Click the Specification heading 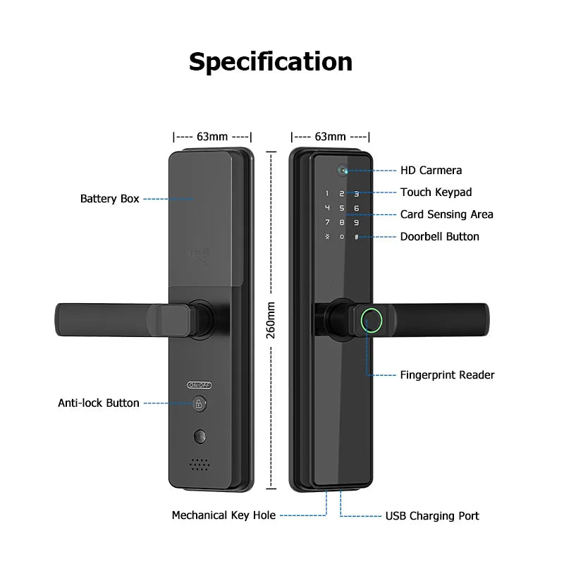coord(271,62)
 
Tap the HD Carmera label coord(431,170)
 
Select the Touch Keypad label coord(436,192)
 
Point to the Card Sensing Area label coord(446,214)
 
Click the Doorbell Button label coord(439,237)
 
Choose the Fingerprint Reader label coord(447,375)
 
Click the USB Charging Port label coord(431,516)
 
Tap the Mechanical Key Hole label coord(223,515)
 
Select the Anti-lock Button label coord(99,403)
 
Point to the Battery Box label coord(109,199)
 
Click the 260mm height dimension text coord(271,321)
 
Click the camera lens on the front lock coord(343,170)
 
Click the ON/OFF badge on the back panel coord(200,385)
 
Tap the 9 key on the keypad coord(357,222)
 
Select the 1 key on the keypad coord(326,193)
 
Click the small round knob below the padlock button coord(199,438)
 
